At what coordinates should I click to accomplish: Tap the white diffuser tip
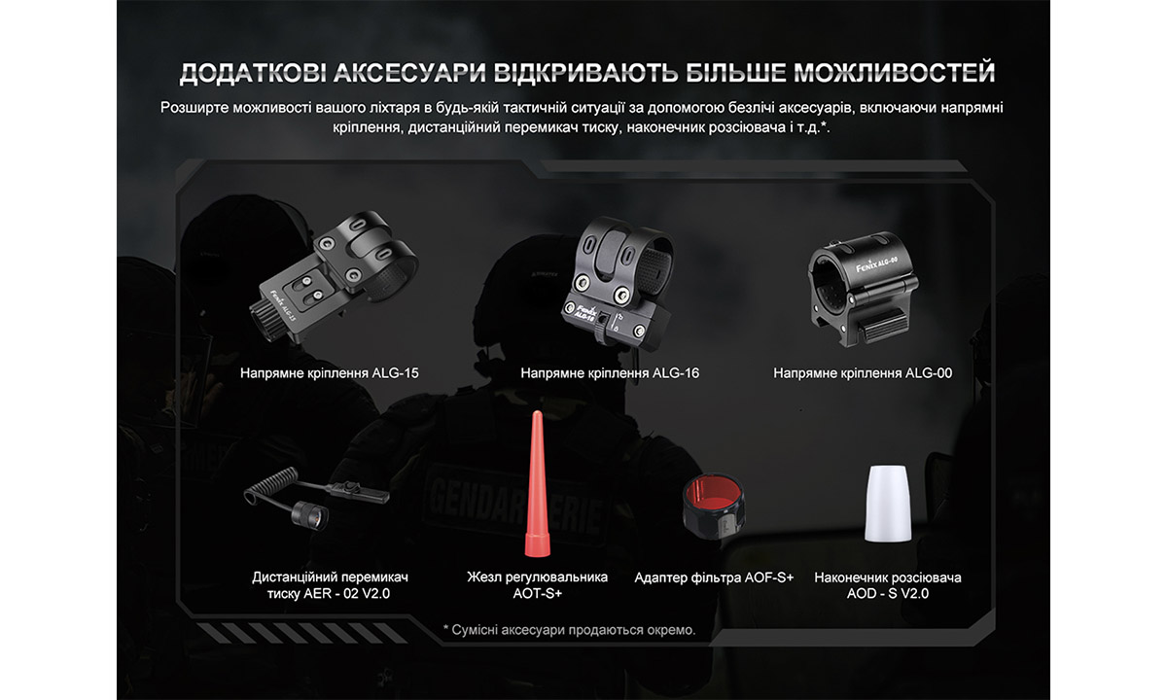pos(889,504)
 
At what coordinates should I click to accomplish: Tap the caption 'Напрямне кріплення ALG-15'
pos(322,372)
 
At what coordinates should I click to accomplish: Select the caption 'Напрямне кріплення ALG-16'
pos(610,372)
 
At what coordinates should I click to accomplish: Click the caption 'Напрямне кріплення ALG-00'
pos(863,372)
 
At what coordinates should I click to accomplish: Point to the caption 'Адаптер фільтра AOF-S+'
pos(714,577)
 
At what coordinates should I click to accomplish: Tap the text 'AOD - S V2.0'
pos(888,593)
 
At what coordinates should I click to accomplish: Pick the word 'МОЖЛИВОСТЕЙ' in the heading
pos(894,74)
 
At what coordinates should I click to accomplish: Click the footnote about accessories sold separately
pos(569,630)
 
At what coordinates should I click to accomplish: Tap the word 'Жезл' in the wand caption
pos(484,577)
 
